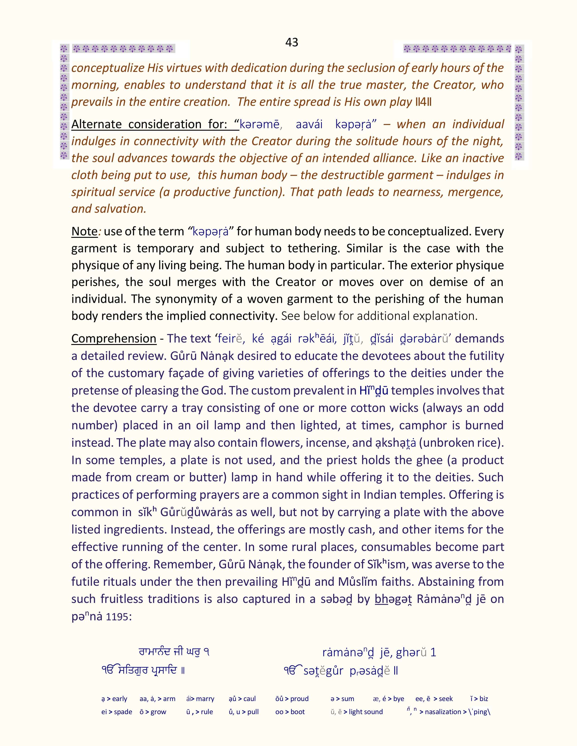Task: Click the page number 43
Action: click(292, 42)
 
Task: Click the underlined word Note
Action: click(84, 231)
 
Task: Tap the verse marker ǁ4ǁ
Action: click(423, 102)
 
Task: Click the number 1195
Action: click(117, 617)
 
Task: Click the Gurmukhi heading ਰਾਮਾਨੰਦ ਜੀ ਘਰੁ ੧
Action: click(174, 652)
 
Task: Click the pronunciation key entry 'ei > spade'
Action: click(117, 712)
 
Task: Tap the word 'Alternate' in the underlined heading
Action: click(96, 124)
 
